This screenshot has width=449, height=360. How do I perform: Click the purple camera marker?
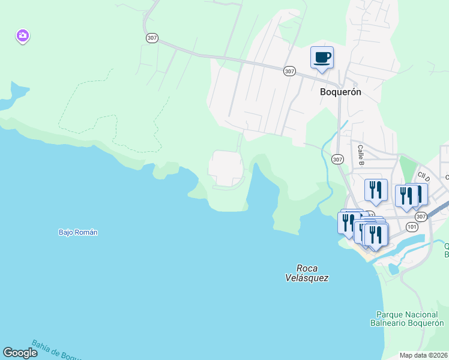point(22,36)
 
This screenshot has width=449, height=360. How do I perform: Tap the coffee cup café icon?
point(322,58)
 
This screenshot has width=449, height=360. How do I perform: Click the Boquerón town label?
point(340,92)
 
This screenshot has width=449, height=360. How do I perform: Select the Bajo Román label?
point(78,232)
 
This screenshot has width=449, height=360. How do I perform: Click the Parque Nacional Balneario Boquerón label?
point(406,319)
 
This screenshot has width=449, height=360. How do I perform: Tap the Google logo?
point(20,353)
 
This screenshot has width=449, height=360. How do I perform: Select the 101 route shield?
point(411,227)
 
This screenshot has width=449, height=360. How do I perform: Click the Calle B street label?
point(361,154)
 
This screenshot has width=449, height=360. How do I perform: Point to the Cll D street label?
point(424,177)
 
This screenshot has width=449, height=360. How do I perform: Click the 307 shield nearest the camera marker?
point(152,38)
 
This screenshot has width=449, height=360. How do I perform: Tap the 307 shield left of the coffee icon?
point(290,71)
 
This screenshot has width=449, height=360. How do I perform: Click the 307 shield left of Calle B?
point(337,159)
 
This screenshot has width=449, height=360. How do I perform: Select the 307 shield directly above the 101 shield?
point(421,217)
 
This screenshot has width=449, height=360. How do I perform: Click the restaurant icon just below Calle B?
point(376,190)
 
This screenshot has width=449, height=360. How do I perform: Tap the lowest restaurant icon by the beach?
point(376,235)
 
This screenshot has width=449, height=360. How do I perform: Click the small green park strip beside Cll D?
point(408,168)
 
